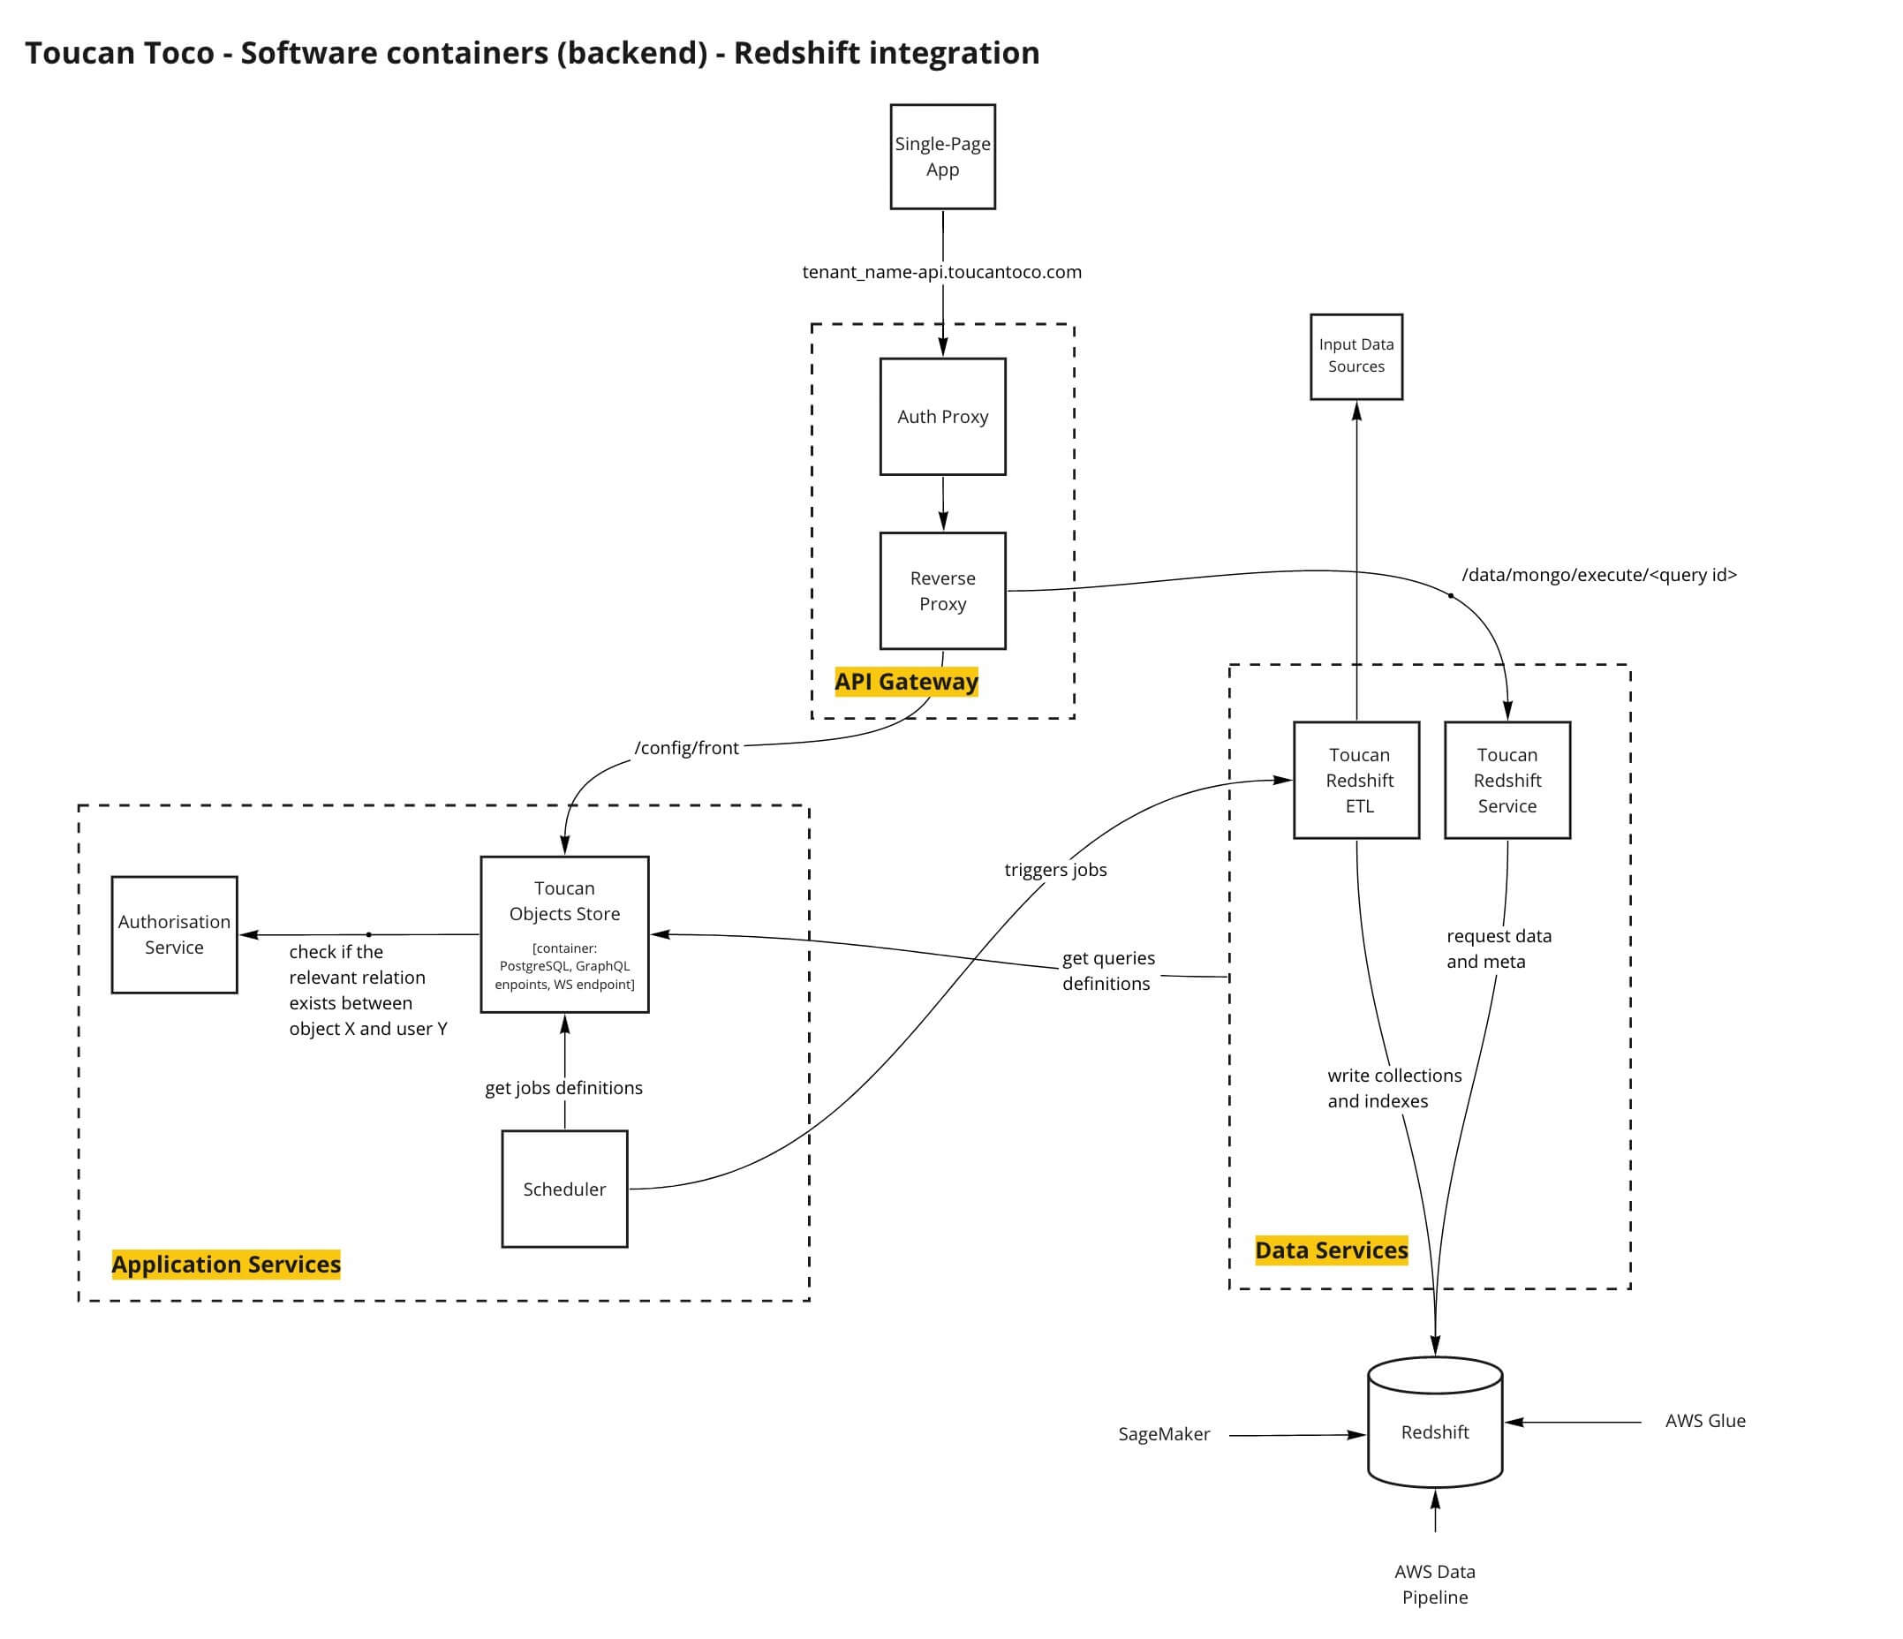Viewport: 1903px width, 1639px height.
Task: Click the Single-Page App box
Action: point(942,157)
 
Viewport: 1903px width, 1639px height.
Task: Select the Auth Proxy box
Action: point(942,417)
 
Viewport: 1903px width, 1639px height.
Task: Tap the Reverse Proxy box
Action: point(942,592)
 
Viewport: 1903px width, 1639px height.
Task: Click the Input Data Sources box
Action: point(1356,356)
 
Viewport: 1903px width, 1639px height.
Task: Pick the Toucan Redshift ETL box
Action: point(1356,781)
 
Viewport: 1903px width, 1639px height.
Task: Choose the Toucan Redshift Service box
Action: point(1507,781)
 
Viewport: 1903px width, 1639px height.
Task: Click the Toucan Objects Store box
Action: point(564,934)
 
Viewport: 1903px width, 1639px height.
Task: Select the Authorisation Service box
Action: point(175,934)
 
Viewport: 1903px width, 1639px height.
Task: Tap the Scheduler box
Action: point(564,1190)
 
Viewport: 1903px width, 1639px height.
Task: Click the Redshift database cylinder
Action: point(1435,1432)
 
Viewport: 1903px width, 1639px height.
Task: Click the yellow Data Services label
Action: point(1331,1250)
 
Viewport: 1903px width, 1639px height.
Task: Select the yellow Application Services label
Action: point(226,1265)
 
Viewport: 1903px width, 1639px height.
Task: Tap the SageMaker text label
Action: point(1164,1434)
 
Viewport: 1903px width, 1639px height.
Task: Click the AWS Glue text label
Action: point(1704,1422)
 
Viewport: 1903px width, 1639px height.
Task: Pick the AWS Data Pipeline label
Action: point(1435,1585)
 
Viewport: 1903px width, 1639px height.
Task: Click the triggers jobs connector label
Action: point(1055,870)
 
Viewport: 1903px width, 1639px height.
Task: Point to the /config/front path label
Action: point(686,748)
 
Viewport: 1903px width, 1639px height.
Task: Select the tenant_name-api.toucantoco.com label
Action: point(941,272)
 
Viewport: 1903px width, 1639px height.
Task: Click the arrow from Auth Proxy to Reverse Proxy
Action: point(943,503)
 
